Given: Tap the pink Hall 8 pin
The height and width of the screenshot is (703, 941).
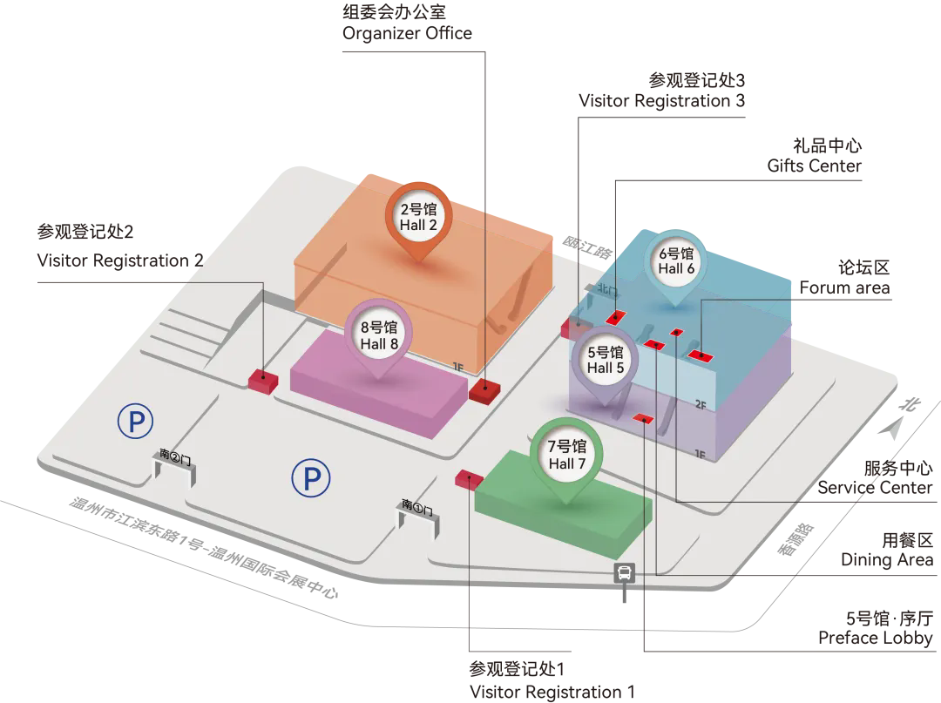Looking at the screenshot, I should [x=379, y=335].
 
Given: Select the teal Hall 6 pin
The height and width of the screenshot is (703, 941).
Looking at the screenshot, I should [x=676, y=261].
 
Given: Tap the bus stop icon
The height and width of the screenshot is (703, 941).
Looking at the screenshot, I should [x=625, y=573].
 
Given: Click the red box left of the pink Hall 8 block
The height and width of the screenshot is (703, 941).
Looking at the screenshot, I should [x=262, y=379].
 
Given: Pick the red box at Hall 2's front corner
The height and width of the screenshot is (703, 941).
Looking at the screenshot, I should [x=483, y=390].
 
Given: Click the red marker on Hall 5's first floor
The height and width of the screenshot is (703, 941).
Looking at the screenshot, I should [x=643, y=417].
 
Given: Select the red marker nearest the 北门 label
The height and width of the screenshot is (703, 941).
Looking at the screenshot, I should [x=616, y=317].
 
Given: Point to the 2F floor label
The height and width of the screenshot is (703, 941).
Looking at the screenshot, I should [x=701, y=403].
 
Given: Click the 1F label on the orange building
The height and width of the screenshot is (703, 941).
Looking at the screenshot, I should [x=458, y=367].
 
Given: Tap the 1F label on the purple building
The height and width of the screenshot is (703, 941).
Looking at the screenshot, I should [x=700, y=453].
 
